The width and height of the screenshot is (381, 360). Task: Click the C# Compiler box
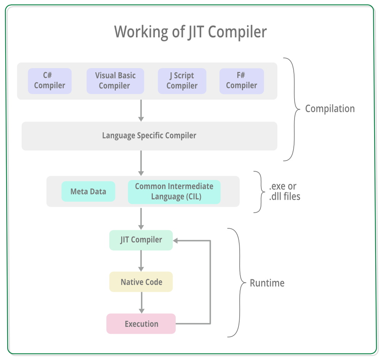(50, 81)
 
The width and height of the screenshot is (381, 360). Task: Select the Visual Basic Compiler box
(115, 81)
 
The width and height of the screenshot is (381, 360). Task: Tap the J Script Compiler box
(182, 81)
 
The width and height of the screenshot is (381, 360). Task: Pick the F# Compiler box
(241, 81)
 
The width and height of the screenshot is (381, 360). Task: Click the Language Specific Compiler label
(149, 135)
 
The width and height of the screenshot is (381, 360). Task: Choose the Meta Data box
(88, 191)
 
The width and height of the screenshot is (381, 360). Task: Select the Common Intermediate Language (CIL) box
(174, 192)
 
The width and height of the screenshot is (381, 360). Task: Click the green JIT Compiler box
(141, 240)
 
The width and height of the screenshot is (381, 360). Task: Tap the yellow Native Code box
(141, 282)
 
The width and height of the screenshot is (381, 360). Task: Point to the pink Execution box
(141, 324)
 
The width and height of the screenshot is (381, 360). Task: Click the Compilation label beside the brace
(330, 109)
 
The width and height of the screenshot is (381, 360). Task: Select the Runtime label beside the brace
(267, 283)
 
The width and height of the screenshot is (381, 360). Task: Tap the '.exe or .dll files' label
(285, 192)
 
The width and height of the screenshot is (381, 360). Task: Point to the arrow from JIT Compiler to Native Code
(141, 261)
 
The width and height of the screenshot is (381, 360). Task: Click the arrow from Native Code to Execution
(141, 303)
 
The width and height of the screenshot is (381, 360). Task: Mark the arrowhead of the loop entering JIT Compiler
(176, 241)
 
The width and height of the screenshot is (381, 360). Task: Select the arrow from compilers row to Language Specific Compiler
(141, 110)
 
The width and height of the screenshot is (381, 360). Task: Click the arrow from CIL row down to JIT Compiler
(141, 218)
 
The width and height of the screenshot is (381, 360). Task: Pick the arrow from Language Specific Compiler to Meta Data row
(141, 163)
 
